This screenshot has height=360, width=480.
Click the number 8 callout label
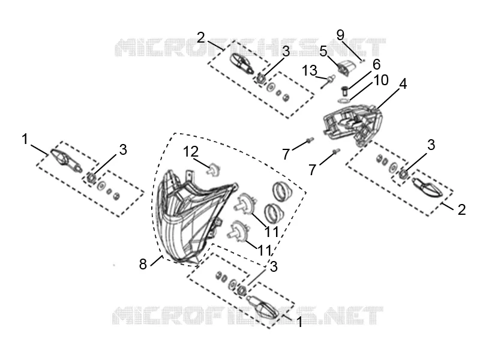(143, 264)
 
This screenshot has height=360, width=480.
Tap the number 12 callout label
(191, 152)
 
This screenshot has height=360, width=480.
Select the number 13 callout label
(310, 71)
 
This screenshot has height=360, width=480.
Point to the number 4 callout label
(403, 84)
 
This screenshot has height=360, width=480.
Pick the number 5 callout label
(323, 51)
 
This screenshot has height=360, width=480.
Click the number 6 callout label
(376, 64)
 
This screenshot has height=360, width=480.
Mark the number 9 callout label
(340, 35)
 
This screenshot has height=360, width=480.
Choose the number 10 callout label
(381, 80)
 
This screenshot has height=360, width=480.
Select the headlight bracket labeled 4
(353, 124)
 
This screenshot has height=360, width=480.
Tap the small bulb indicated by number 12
(214, 170)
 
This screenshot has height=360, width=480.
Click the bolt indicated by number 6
(344, 91)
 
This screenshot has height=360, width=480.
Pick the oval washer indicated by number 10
(343, 100)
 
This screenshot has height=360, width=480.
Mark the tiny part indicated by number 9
(362, 61)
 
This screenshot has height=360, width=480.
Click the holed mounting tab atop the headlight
(190, 176)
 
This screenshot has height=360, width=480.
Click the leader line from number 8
(156, 261)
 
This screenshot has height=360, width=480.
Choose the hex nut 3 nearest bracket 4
(403, 174)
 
